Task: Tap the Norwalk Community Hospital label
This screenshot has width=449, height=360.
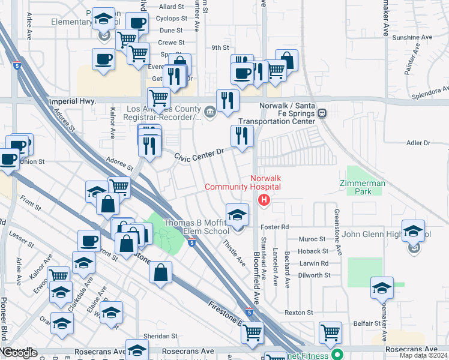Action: coord(243,182)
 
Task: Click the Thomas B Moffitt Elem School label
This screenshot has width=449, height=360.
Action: coord(197,227)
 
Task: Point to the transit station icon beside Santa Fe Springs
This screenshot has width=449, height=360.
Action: coord(322,113)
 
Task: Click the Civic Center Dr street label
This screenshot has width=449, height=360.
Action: coord(199,155)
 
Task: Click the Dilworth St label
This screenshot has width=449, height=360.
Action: coord(315,275)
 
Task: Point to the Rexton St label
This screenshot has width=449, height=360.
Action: coord(299,313)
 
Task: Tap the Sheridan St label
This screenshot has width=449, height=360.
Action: coord(160,337)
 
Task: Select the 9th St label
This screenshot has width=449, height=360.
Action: coord(220,47)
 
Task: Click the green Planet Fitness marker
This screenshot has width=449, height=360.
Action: coord(338,355)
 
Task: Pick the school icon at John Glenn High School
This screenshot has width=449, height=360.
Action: coord(413,232)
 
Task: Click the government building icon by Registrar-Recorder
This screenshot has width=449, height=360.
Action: coord(209,112)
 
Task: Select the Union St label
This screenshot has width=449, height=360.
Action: coord(32,161)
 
